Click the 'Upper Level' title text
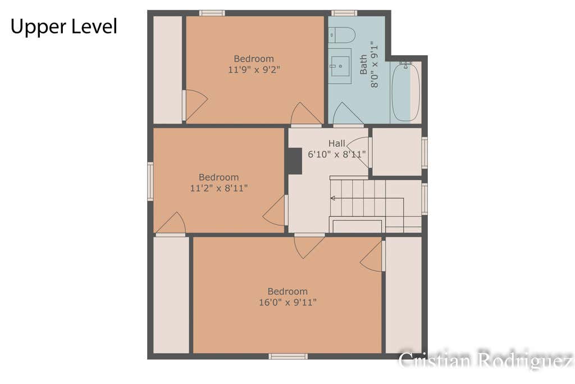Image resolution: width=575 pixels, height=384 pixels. click(x=64, y=27)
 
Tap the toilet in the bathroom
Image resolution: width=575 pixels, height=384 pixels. click(x=342, y=35)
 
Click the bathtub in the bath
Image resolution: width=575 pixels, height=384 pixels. click(x=405, y=92)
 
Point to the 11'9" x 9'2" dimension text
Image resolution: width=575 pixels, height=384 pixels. click(x=254, y=70)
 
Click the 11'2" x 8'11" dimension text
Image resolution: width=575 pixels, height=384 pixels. click(x=218, y=188)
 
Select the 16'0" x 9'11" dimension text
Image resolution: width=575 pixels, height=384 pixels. click(x=287, y=302)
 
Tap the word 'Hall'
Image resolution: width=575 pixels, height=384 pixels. click(x=336, y=143)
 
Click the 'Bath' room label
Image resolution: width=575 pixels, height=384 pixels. click(x=363, y=65)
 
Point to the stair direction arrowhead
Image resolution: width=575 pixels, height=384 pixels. click(x=332, y=198)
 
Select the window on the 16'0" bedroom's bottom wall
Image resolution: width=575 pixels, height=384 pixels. click(x=288, y=356)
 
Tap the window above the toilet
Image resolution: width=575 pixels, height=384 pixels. click(x=344, y=13)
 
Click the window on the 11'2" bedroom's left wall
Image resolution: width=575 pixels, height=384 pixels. click(x=150, y=182)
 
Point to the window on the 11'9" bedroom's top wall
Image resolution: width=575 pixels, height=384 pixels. click(x=212, y=13)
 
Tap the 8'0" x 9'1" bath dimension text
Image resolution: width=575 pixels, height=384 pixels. click(x=374, y=65)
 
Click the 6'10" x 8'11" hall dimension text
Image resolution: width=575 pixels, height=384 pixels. click(x=336, y=154)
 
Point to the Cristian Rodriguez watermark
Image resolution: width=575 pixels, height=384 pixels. click(x=486, y=360)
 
